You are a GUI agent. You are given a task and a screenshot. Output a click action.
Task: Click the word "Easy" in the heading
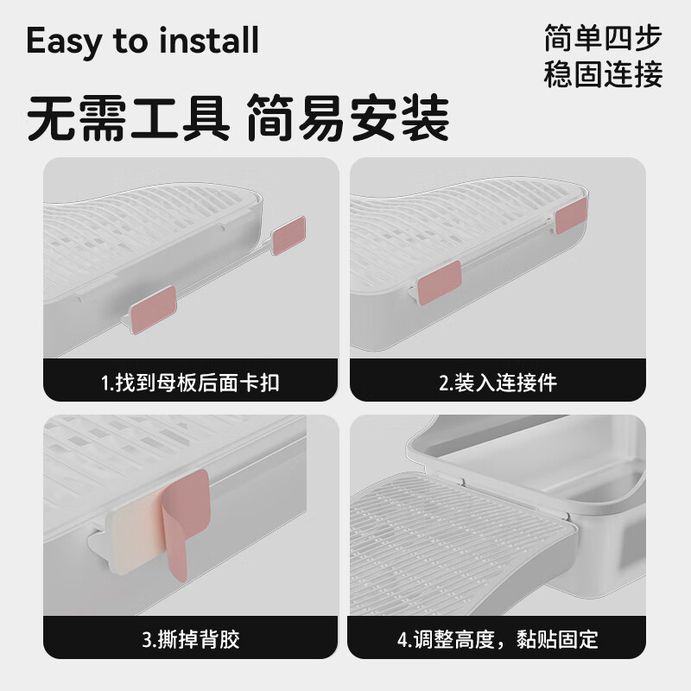[64, 41]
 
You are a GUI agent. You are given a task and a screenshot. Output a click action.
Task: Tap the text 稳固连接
[603, 75]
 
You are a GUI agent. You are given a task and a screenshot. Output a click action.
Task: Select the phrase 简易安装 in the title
[348, 119]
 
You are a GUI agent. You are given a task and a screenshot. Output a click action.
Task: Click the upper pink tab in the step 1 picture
[288, 235]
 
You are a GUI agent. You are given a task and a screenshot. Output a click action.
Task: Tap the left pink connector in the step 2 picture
[440, 282]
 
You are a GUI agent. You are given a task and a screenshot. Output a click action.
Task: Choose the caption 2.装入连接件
[498, 383]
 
